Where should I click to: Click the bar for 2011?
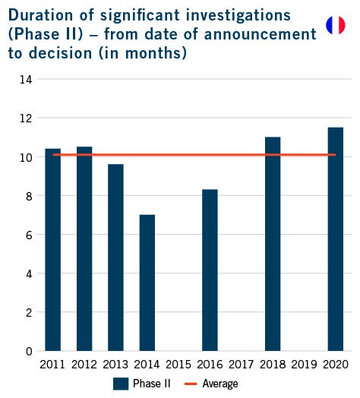point(52,250)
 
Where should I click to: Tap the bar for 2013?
point(115,257)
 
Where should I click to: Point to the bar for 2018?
point(273,244)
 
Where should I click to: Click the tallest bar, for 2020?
point(335,239)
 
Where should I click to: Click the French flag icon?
point(335,25)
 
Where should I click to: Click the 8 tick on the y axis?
point(27,196)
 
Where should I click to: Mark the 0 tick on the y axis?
point(27,351)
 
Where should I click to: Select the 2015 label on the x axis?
point(178,365)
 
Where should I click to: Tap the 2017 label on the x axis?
point(241,365)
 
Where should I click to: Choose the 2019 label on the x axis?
point(304,365)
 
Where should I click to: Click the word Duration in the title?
point(39,14)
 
